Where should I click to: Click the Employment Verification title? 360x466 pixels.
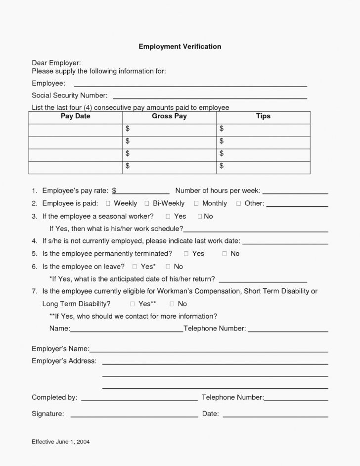(180, 47)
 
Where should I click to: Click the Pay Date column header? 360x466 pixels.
(75, 116)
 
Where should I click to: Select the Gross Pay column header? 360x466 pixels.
(169, 116)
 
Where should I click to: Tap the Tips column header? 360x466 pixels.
(263, 116)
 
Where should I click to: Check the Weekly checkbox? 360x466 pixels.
(108, 203)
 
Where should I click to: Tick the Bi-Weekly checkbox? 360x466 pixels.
(147, 203)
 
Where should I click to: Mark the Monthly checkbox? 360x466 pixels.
(196, 203)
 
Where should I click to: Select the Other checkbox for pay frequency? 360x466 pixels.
(239, 203)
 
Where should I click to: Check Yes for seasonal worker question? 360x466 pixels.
(168, 216)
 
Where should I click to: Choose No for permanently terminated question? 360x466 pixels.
(225, 254)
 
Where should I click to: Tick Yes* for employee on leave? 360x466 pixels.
(135, 267)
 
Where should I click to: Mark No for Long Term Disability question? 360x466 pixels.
(172, 304)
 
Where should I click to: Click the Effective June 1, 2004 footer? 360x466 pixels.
(61, 441)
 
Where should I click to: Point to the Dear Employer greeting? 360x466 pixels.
(56, 63)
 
